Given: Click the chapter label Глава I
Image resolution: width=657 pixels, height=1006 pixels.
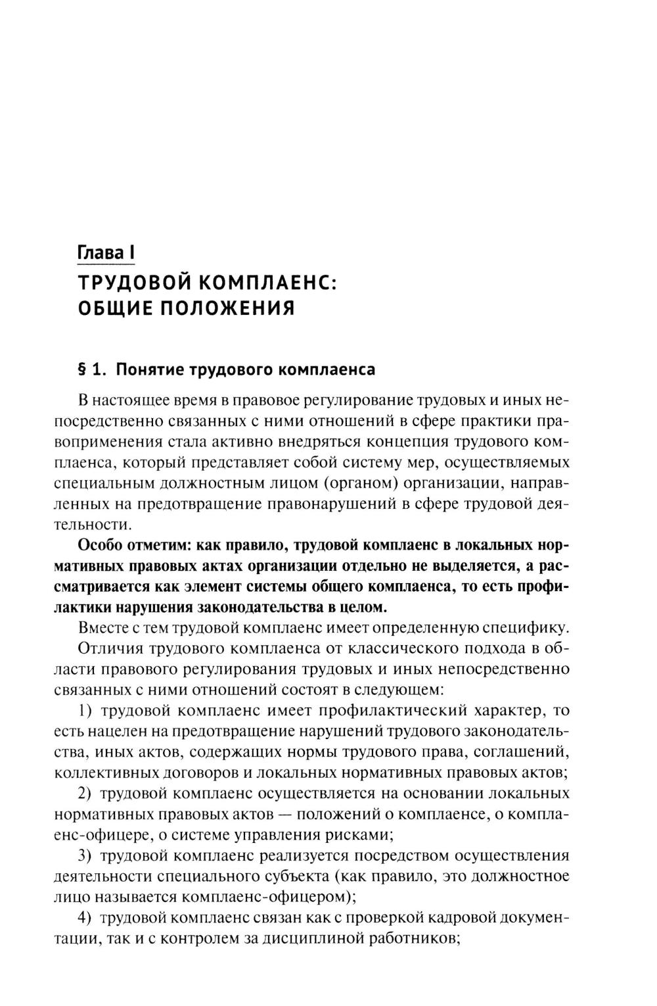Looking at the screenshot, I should pos(106,252).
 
